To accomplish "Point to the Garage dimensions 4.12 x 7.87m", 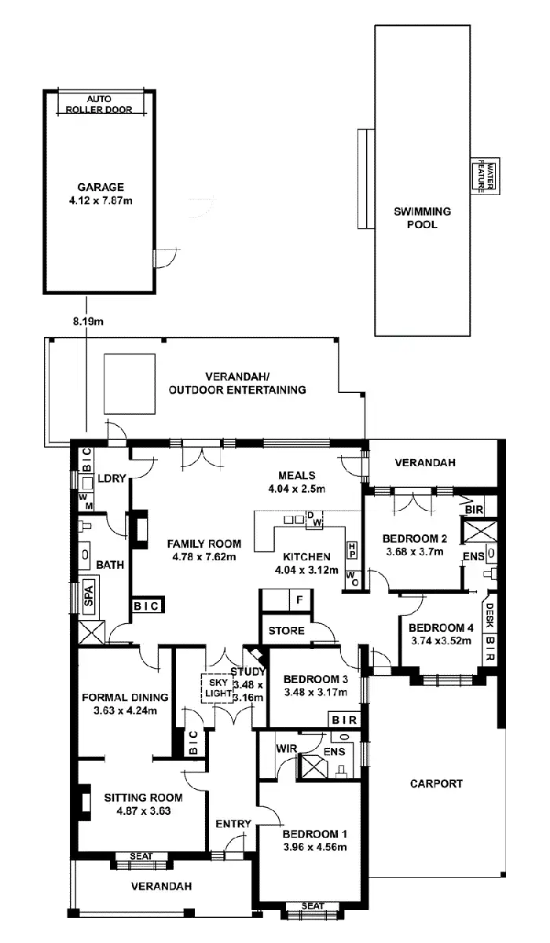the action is pos(101,200).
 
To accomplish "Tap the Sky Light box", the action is pos(217,688).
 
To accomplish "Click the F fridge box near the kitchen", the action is pos(299,600).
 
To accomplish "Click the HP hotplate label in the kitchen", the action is pos(352,547).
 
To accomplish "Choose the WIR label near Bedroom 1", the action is pos(285,750).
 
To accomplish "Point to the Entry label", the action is pos(233,824).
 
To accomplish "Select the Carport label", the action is pos(436,783).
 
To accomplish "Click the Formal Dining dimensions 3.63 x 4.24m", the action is pos(126,713).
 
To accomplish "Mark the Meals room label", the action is pos(297,475).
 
